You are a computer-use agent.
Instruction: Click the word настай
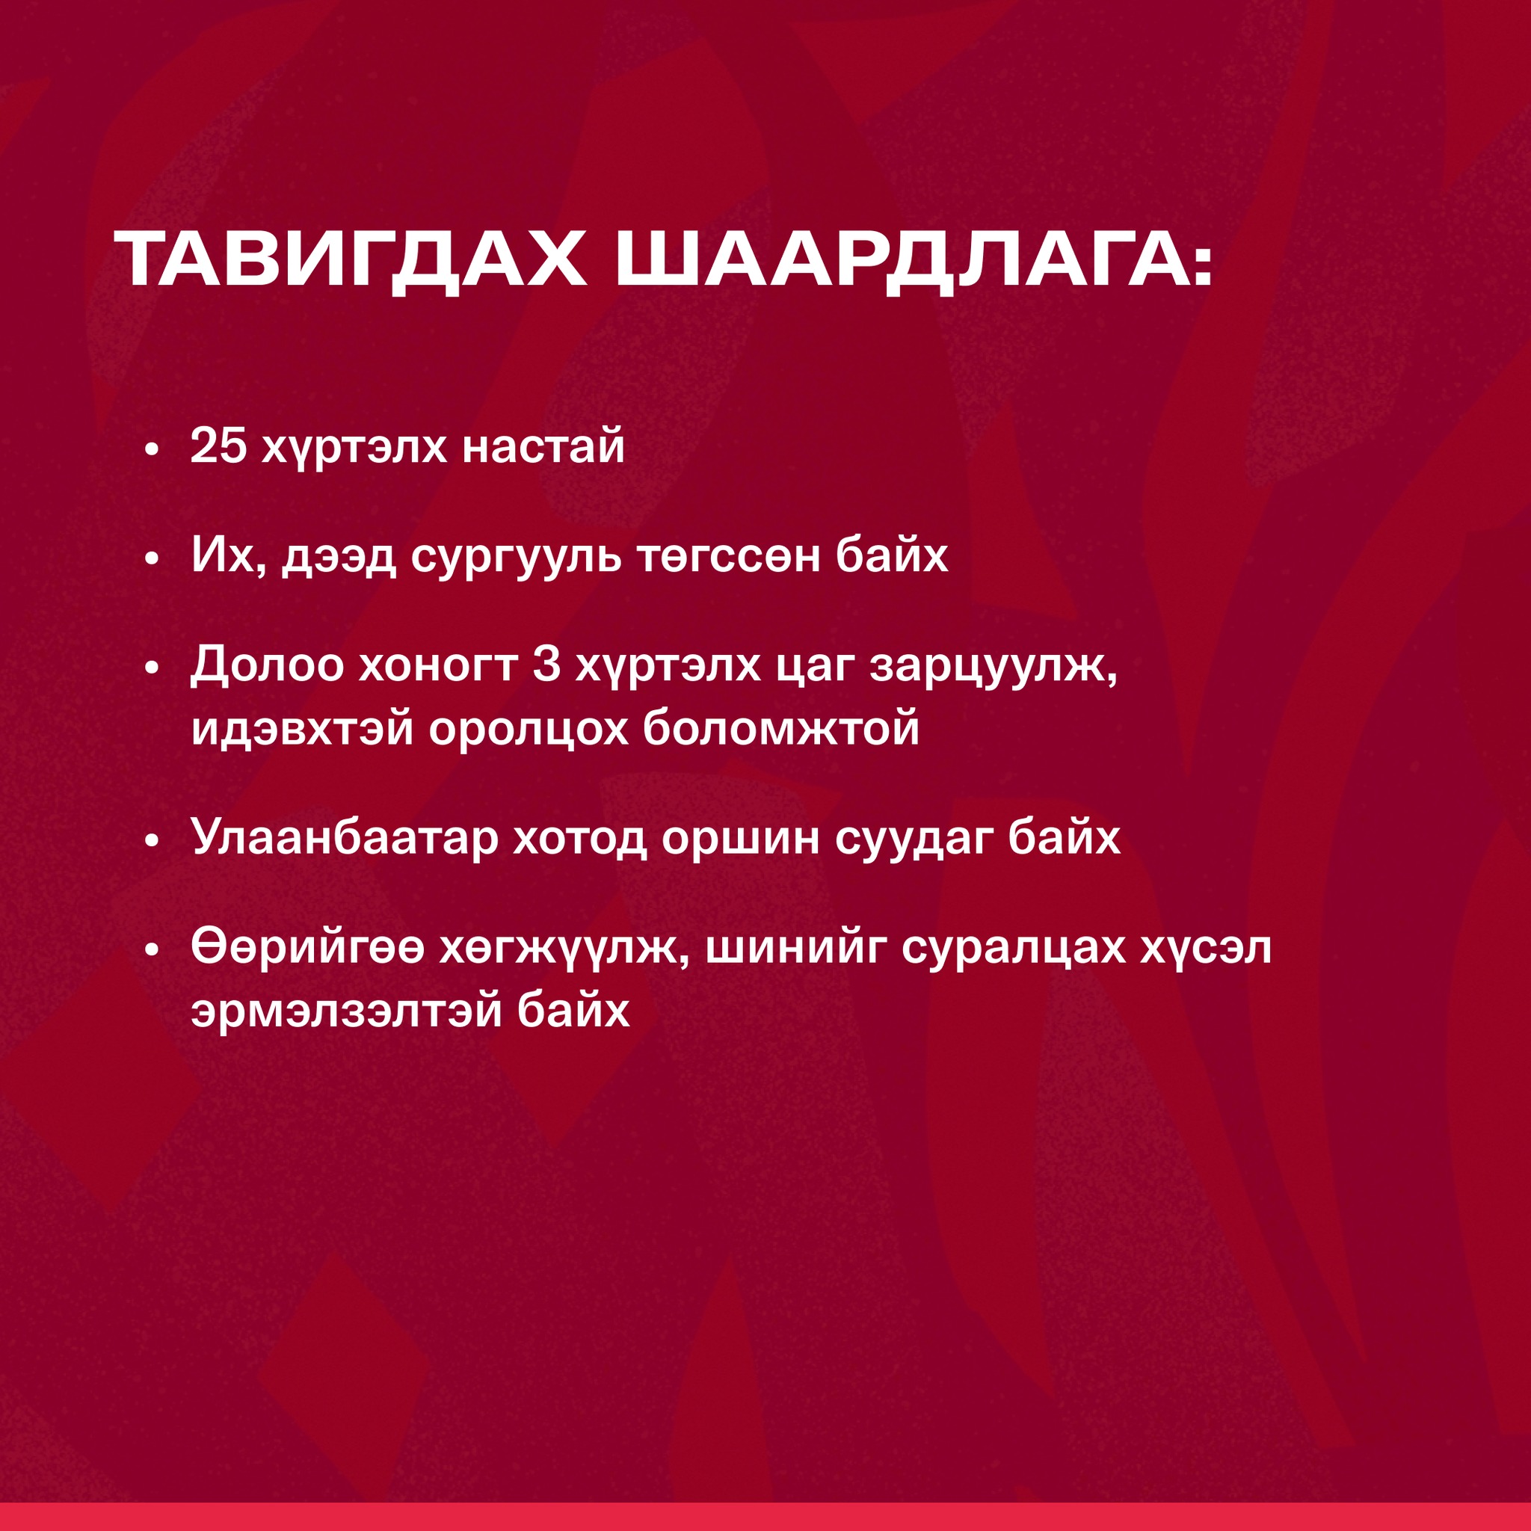[543, 448]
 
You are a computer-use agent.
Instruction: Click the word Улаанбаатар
[345, 840]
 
